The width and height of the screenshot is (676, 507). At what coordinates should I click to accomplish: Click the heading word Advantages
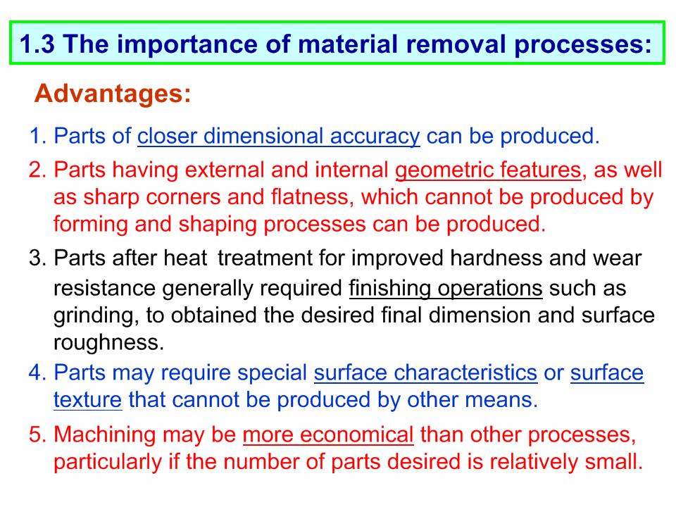[112, 93]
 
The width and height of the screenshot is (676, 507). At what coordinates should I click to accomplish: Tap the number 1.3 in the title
[37, 44]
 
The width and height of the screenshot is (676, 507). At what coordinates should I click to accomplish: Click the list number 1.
[37, 136]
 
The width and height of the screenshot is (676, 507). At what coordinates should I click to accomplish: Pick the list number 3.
[37, 258]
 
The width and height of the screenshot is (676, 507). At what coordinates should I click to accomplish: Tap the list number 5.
[37, 434]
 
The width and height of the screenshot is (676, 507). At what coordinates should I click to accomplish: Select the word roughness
[108, 343]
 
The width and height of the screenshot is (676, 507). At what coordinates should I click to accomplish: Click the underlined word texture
[87, 400]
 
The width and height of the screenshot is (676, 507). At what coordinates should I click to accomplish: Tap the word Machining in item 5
[104, 435]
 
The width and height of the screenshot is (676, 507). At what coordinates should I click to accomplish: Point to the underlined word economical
[356, 434]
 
